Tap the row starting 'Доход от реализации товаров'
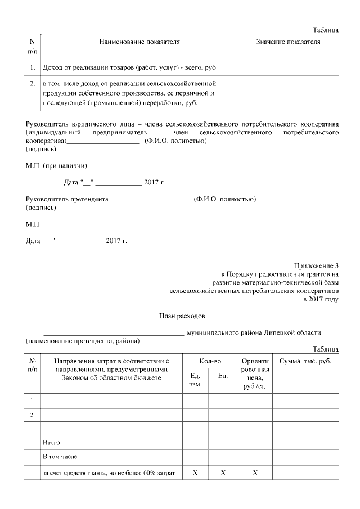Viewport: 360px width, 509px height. coord(130,68)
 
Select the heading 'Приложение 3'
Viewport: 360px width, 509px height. coord(316,265)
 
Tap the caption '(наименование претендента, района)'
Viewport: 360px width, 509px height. coord(83,341)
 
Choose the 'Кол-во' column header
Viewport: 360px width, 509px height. coord(210,361)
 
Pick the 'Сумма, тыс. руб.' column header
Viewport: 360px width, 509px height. coord(305,361)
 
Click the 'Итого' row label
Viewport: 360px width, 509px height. coord(52,443)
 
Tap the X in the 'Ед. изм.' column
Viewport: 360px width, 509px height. coord(196,473)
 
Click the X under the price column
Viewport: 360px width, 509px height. coord(255,473)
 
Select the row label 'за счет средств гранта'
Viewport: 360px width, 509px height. coord(109,473)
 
